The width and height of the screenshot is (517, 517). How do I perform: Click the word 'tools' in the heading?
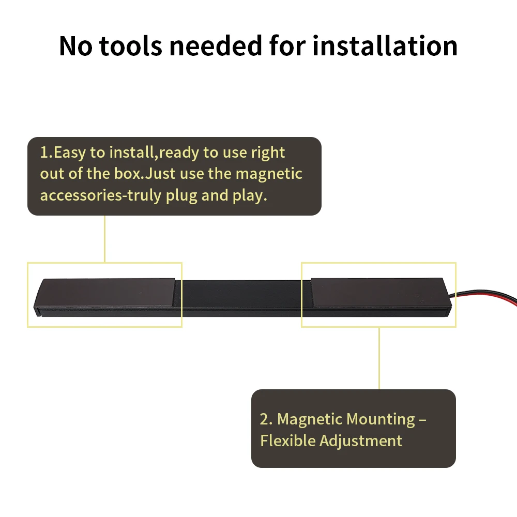(131, 45)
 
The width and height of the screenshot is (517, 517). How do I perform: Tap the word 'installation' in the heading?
(385, 45)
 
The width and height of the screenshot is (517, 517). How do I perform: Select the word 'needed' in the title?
(216, 45)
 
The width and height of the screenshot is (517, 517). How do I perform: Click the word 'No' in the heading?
(76, 46)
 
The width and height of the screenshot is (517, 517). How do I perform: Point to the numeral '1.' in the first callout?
(46, 153)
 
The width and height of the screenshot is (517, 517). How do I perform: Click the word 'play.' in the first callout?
(250, 195)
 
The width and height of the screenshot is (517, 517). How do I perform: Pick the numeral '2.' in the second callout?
(266, 419)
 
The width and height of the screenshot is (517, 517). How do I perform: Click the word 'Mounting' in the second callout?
(381, 420)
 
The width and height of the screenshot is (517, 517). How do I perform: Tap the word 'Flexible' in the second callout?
(287, 441)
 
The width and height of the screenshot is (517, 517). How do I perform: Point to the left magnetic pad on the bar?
(106, 293)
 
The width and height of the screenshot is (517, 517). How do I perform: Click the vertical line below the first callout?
(104, 239)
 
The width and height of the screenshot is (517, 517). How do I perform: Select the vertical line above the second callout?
(379, 358)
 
